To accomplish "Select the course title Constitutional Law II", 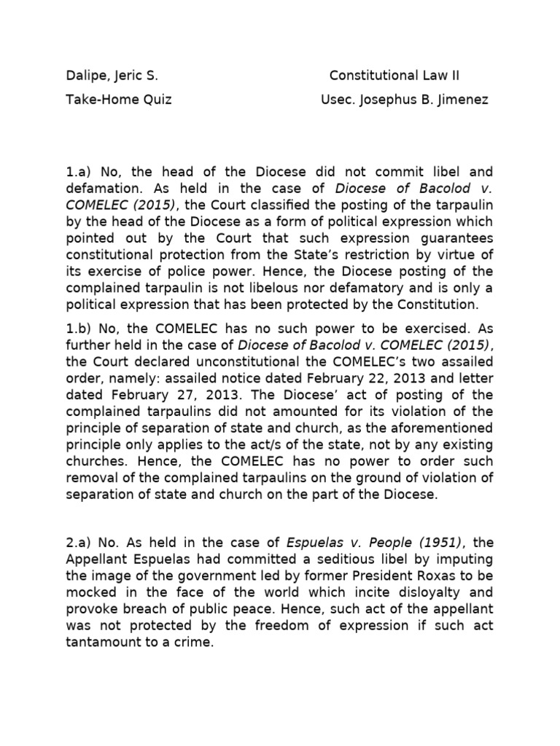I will click(x=394, y=76).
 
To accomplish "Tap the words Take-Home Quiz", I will click(x=119, y=100).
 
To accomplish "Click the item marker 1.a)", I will click(x=79, y=172).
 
